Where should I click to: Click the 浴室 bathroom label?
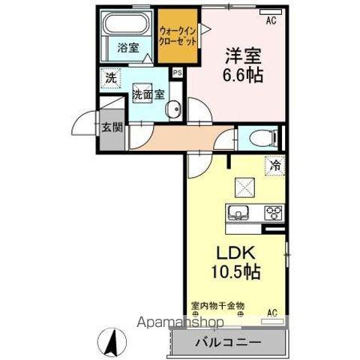tap(127, 47)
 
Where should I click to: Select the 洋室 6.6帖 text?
tap(244, 65)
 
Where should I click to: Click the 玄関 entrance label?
tap(111, 127)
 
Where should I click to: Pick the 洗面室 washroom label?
tap(148, 95)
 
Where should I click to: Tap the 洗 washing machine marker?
tap(111, 77)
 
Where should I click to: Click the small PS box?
tap(178, 73)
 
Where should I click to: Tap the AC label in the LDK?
tap(272, 312)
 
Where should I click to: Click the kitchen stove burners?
tap(273, 211)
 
